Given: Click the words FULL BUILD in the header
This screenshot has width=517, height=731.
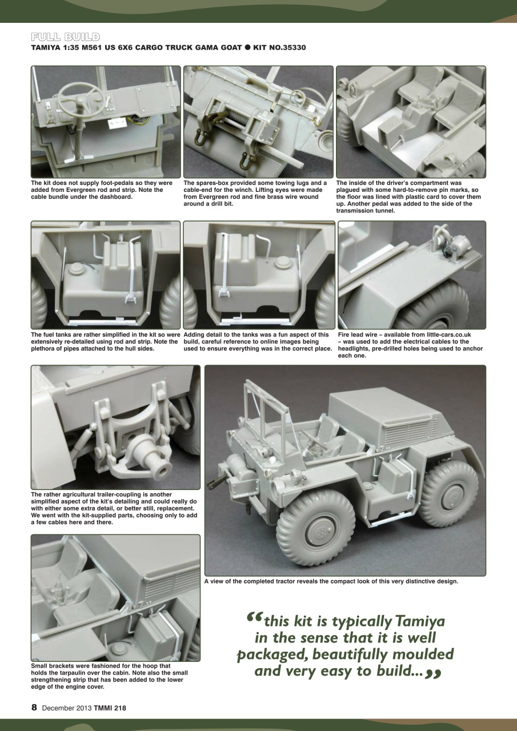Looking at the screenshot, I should [x=66, y=37].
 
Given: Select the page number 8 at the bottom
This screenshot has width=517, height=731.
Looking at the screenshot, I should [x=34, y=708].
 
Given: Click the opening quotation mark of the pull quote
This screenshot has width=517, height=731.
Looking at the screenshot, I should [x=255, y=618].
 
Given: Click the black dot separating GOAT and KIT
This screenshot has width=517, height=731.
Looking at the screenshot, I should [x=248, y=47].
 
